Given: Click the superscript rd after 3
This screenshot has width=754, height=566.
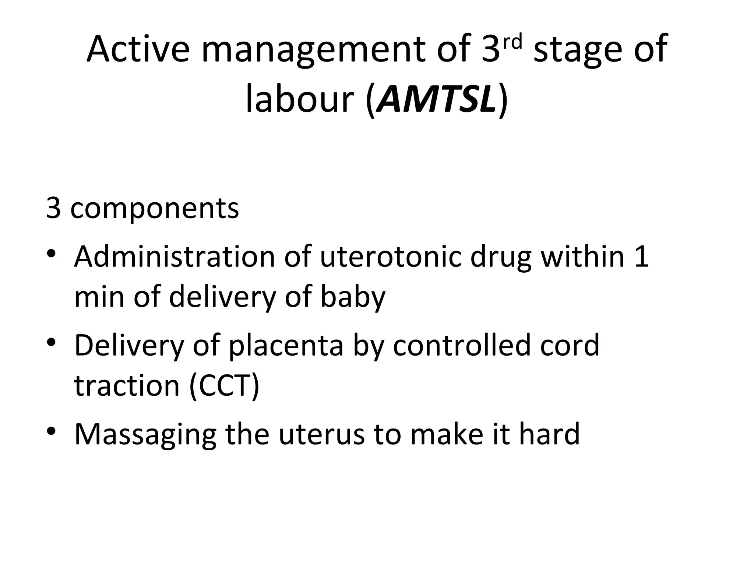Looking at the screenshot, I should click(x=513, y=42).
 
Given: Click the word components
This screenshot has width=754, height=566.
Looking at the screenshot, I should click(x=154, y=209).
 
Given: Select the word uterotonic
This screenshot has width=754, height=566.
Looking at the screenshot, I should click(x=391, y=256).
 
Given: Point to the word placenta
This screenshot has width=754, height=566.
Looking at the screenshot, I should click(x=286, y=346).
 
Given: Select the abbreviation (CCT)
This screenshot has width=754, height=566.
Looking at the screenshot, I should click(x=224, y=385).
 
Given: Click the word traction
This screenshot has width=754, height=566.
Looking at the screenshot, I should click(x=127, y=385).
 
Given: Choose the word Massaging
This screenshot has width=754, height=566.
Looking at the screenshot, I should click(x=145, y=435).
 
